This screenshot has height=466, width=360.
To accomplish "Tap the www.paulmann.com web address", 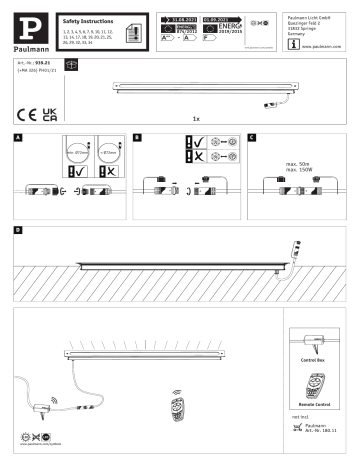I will point(321,45).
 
